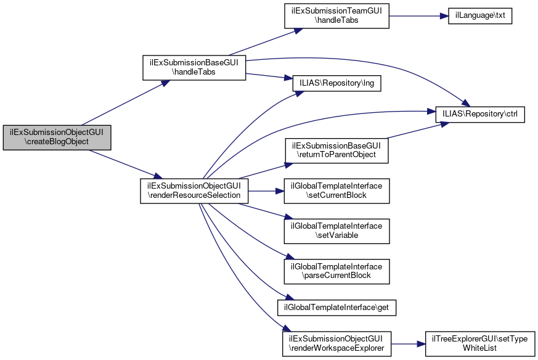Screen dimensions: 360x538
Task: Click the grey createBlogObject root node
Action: coord(57,136)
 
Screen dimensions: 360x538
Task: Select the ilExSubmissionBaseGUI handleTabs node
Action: coord(195,67)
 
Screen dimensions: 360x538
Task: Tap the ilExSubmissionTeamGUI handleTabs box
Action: coord(336,15)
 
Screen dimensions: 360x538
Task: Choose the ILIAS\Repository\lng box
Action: coord(336,84)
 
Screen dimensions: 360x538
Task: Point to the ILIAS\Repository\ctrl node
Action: coord(480,115)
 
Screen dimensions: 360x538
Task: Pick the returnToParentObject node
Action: coord(336,150)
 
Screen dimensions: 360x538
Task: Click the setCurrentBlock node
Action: coord(336,190)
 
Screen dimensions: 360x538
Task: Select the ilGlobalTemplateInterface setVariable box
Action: coord(336,231)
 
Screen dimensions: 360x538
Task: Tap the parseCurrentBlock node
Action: coord(336,271)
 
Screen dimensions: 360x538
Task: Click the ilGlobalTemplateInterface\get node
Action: coord(336,306)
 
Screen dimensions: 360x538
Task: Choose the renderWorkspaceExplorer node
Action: coord(336,343)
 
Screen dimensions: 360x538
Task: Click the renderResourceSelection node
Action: coord(195,190)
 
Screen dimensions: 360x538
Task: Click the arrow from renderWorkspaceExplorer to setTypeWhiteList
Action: coord(408,343)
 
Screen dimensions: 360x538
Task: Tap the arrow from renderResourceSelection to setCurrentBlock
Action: coord(265,190)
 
